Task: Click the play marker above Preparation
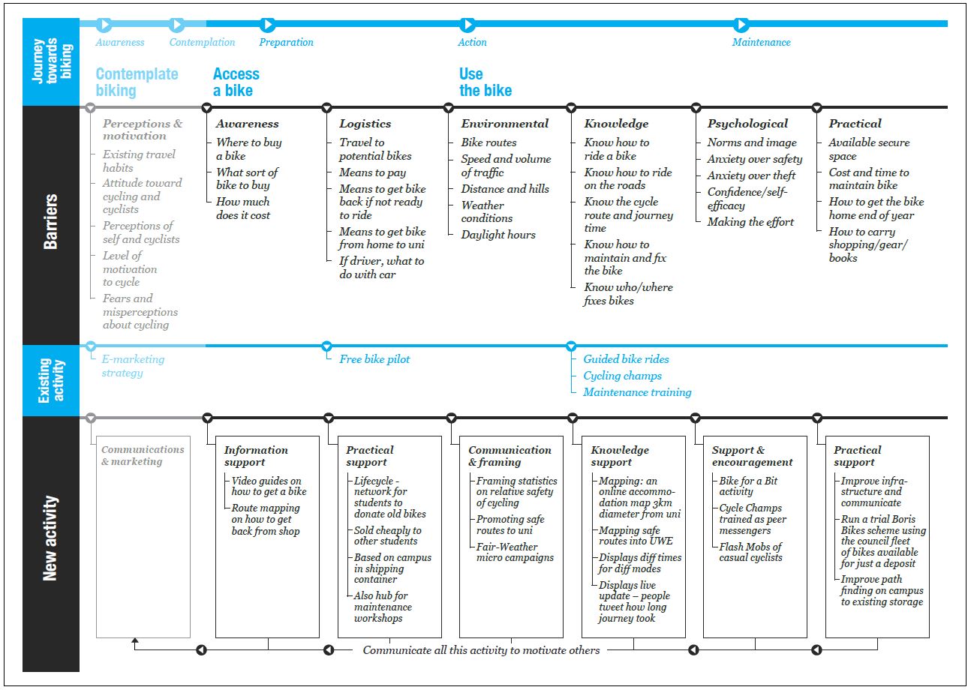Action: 267,24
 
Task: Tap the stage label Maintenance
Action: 761,42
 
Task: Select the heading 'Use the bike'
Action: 485,82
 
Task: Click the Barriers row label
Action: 51,221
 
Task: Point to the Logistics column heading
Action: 365,124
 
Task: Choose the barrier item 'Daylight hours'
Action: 498,235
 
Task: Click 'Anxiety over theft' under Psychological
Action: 751,175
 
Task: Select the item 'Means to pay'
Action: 372,172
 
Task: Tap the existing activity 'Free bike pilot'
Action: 374,359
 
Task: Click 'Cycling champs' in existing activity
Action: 623,376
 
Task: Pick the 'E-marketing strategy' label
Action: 133,366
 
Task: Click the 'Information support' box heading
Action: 256,456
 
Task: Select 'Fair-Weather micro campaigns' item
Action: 515,552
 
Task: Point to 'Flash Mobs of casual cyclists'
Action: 751,552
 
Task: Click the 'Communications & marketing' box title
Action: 143,455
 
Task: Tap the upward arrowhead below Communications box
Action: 135,640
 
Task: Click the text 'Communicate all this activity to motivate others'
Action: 481,650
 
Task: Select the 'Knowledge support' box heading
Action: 620,456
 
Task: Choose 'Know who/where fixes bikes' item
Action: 628,294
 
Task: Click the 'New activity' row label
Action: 50,538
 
